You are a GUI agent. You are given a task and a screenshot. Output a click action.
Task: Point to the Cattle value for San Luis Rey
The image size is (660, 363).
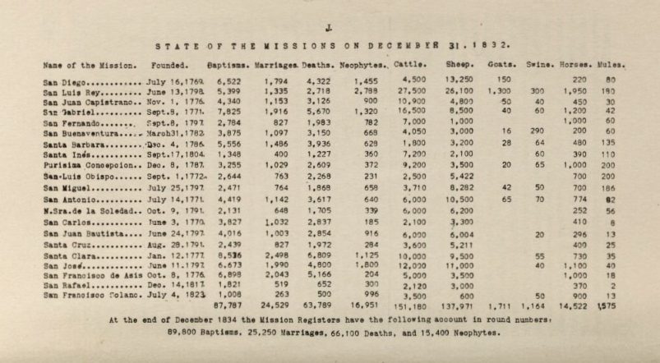pyautogui.click(x=412, y=94)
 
